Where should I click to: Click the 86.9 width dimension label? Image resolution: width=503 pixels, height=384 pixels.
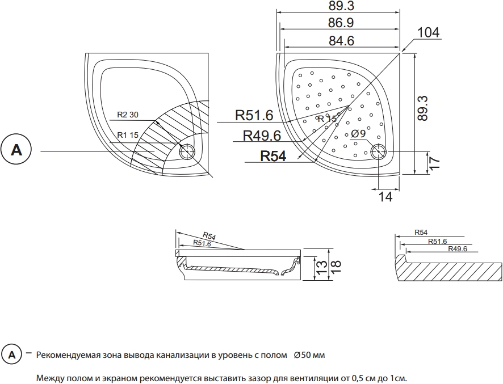point(341,23)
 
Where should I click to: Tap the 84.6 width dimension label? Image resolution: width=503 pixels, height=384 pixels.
point(341,41)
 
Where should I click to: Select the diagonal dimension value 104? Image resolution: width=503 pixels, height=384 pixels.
point(428,32)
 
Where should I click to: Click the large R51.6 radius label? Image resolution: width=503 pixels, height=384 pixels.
point(254,115)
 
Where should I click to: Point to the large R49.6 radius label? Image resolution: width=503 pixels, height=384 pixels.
point(262,136)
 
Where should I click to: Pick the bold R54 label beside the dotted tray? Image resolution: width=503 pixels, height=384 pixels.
point(273,156)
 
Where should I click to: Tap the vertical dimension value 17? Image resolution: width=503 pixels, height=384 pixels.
point(433,163)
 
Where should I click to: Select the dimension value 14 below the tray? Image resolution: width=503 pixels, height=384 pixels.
point(385,197)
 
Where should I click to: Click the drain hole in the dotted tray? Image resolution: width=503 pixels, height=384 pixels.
point(379,151)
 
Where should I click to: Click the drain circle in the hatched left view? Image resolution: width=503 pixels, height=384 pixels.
point(187,151)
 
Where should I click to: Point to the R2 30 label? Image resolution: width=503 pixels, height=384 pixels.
point(128,115)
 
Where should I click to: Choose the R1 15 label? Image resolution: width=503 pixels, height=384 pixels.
point(128,135)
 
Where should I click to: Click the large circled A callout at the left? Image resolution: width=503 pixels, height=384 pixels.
point(16,150)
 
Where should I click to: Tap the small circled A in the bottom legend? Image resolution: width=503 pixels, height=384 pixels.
point(11,355)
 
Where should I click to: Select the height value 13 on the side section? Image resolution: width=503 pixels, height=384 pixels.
point(322,267)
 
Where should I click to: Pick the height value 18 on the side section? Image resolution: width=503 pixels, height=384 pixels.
point(335,267)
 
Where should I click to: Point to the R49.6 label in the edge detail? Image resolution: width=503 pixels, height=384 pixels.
point(458,249)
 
